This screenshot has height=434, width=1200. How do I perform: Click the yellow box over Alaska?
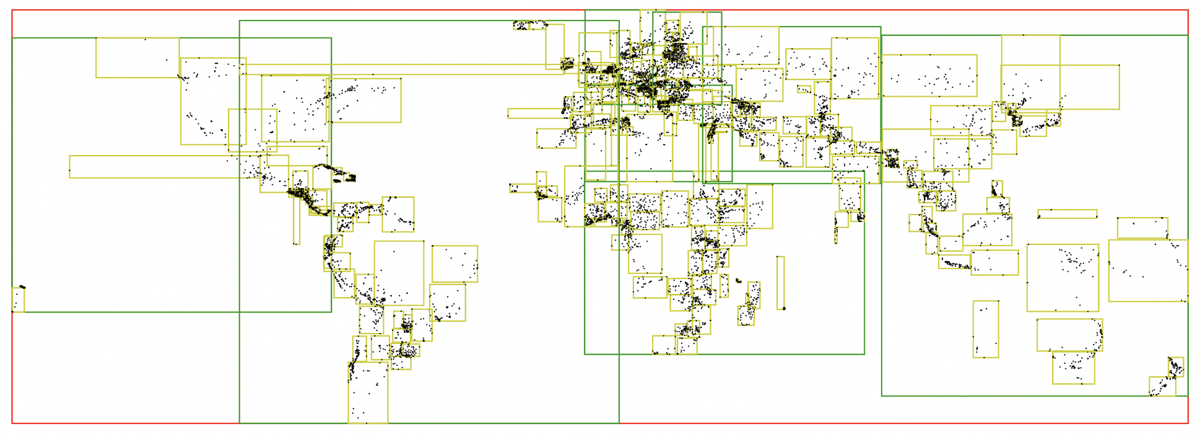click(137, 58)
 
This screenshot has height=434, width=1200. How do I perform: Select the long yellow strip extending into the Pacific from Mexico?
click(155, 167)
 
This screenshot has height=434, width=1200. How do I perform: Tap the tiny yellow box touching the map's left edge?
click(18, 300)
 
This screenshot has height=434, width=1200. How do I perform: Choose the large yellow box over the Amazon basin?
click(399, 273)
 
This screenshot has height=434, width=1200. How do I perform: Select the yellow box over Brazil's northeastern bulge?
click(454, 263)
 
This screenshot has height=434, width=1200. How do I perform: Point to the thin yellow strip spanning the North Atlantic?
click(402, 69)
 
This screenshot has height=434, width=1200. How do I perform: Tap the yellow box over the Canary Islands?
click(556, 138)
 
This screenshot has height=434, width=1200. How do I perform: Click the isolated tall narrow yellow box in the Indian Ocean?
click(780, 282)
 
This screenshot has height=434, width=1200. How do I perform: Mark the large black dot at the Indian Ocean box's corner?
click(784, 308)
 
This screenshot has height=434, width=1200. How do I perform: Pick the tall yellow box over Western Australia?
click(985, 329)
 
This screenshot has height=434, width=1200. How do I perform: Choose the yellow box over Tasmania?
click(1073, 368)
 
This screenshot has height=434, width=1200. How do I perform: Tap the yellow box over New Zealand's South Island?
click(1162, 386)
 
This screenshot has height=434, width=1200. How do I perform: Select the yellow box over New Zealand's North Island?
click(1176, 366)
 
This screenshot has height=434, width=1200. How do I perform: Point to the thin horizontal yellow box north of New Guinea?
click(1067, 214)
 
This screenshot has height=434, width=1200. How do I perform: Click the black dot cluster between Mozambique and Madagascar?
click(738, 281)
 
